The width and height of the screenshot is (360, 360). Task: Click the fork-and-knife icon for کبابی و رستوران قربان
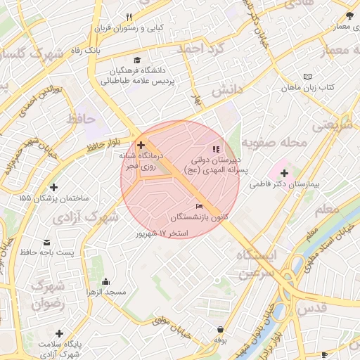(x=129, y=18)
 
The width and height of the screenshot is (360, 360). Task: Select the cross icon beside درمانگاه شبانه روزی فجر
(x=141, y=145)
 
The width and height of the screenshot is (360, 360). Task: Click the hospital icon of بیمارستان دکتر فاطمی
(x=283, y=173)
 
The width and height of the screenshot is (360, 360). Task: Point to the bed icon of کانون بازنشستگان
(x=199, y=206)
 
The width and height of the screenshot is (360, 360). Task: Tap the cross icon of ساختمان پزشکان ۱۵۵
(x=54, y=187)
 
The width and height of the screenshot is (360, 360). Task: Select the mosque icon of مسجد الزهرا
(x=105, y=281)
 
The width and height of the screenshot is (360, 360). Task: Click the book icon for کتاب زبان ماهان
(x=307, y=77)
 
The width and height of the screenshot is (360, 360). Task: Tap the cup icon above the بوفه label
(x=221, y=329)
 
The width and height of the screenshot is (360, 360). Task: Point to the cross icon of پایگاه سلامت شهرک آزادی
(x=59, y=333)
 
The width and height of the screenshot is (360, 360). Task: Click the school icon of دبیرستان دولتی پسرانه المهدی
(x=217, y=149)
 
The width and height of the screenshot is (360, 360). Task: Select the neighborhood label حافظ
(x=80, y=119)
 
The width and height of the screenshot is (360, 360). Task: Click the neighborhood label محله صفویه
(x=275, y=143)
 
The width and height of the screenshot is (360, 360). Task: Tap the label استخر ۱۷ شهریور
(x=163, y=233)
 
